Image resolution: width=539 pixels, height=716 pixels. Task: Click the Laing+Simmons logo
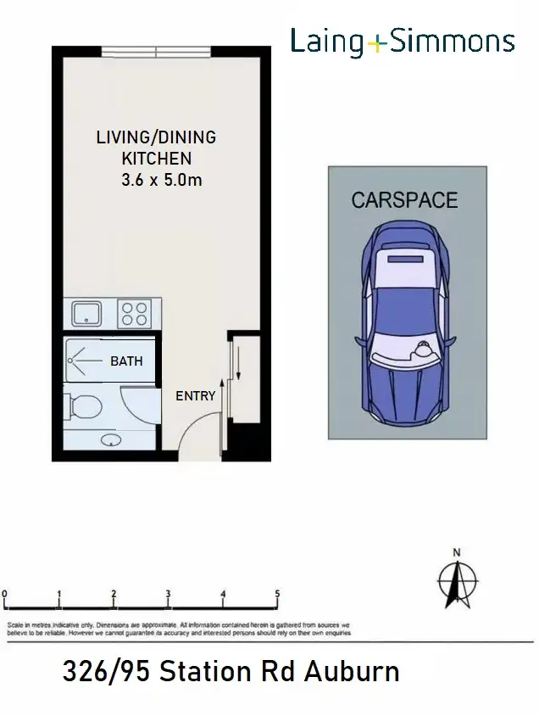[x=403, y=42]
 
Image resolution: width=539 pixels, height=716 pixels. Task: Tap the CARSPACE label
[x=404, y=200]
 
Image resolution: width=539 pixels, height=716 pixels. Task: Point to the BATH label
[x=126, y=361]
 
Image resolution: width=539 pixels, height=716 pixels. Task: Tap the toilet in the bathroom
[x=82, y=408]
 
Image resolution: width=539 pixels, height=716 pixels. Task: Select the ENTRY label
[x=195, y=396]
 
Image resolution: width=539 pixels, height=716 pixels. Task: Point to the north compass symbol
[x=457, y=581]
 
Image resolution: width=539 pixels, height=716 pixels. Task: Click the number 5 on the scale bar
[x=277, y=594]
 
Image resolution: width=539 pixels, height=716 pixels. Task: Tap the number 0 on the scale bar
[x=5, y=594]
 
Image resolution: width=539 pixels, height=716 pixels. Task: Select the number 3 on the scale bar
[x=169, y=594]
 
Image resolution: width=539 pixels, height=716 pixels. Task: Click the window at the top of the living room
[x=157, y=52]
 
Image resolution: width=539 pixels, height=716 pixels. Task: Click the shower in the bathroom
[x=84, y=362]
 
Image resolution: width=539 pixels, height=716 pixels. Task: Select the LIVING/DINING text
[x=155, y=137]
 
